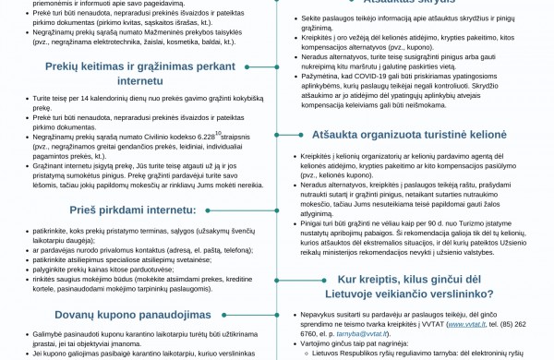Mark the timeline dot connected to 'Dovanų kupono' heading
coord(278,315)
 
